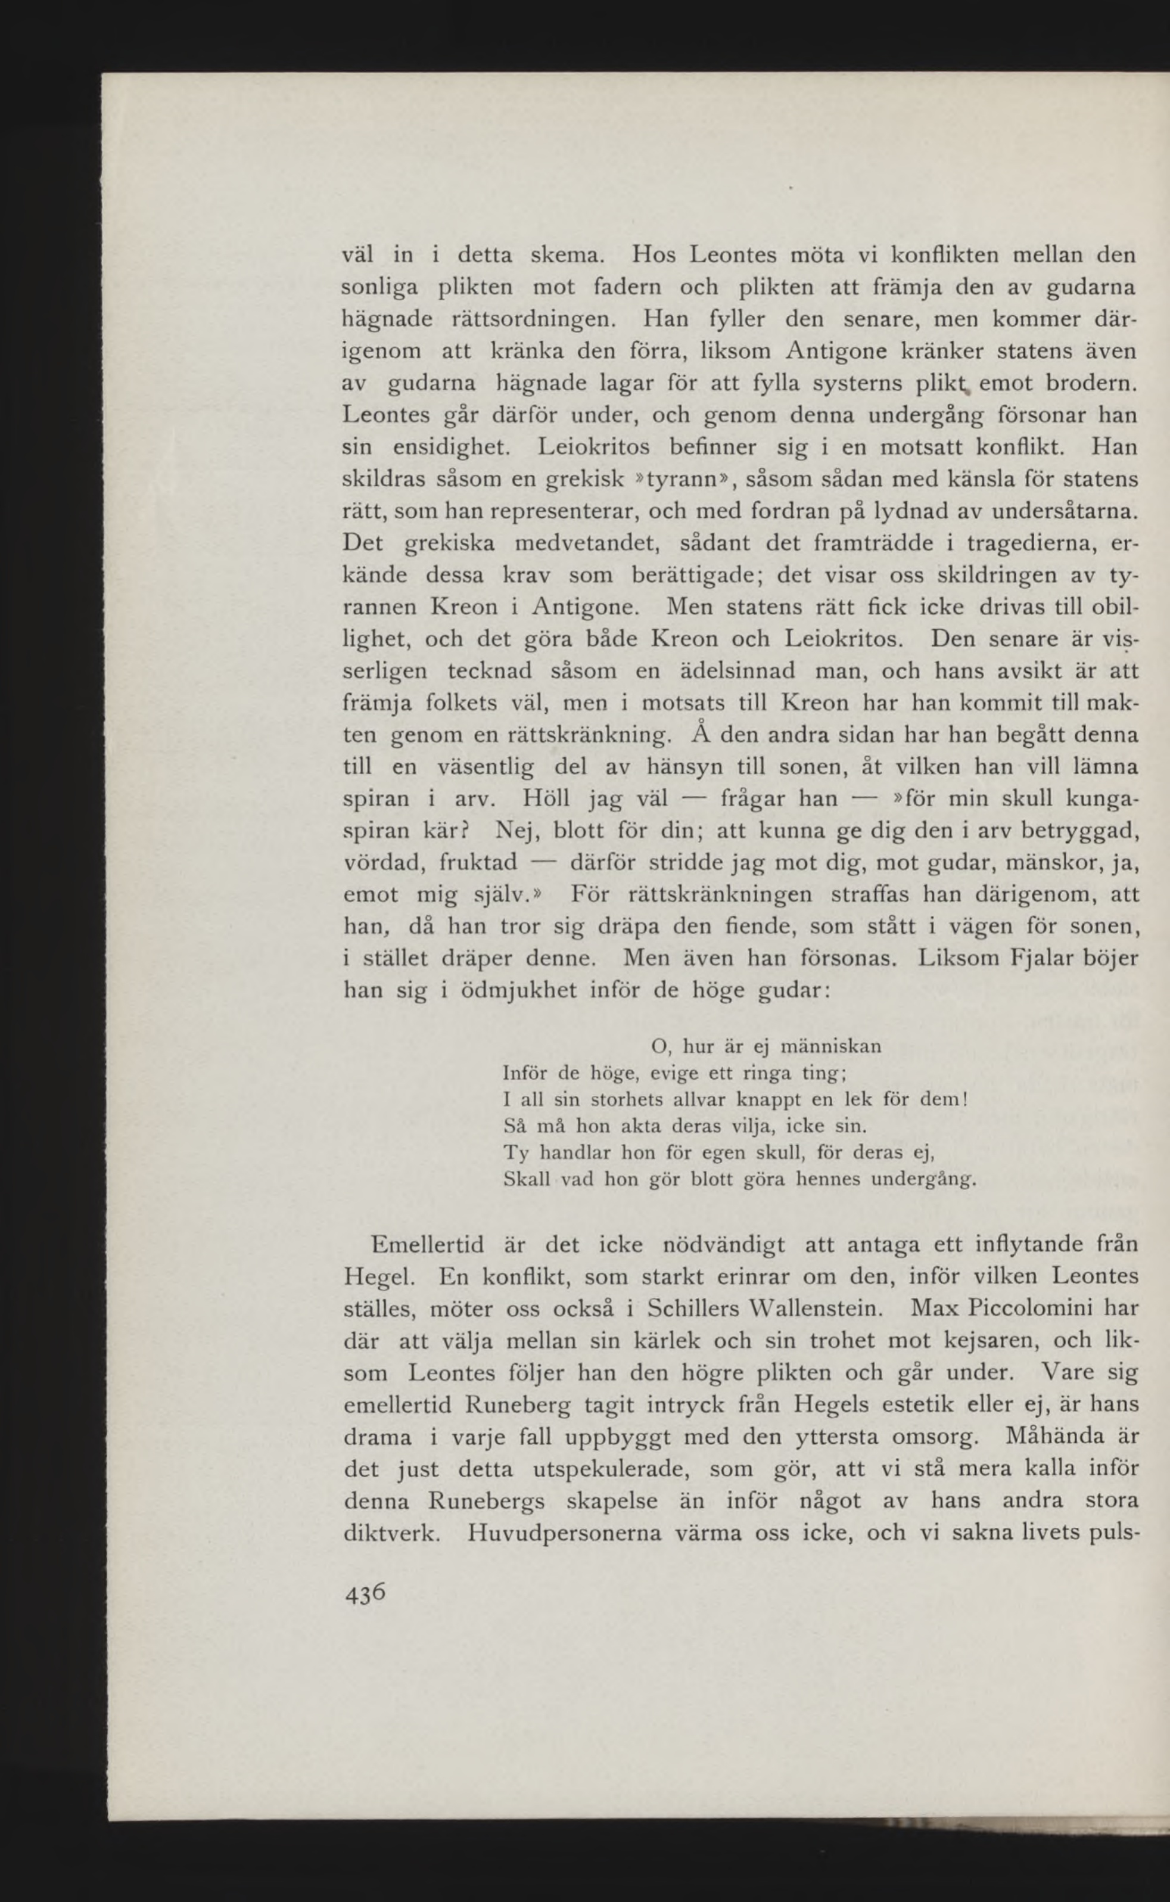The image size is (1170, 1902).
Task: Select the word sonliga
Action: tap(380, 287)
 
